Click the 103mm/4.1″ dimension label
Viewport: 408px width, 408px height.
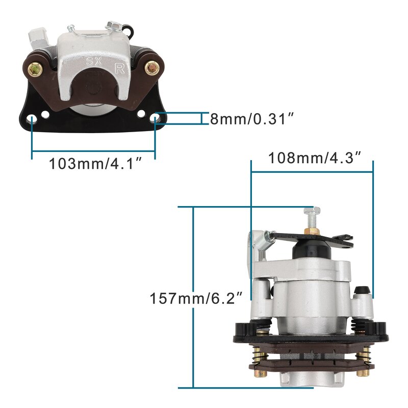coord(95,164)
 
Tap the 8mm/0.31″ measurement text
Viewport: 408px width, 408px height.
coord(251,119)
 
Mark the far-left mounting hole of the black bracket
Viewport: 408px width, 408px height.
coord(32,119)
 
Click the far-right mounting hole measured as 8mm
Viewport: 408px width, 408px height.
coord(156,119)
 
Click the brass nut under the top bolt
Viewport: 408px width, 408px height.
coord(312,232)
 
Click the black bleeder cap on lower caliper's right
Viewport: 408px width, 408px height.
coord(362,291)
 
